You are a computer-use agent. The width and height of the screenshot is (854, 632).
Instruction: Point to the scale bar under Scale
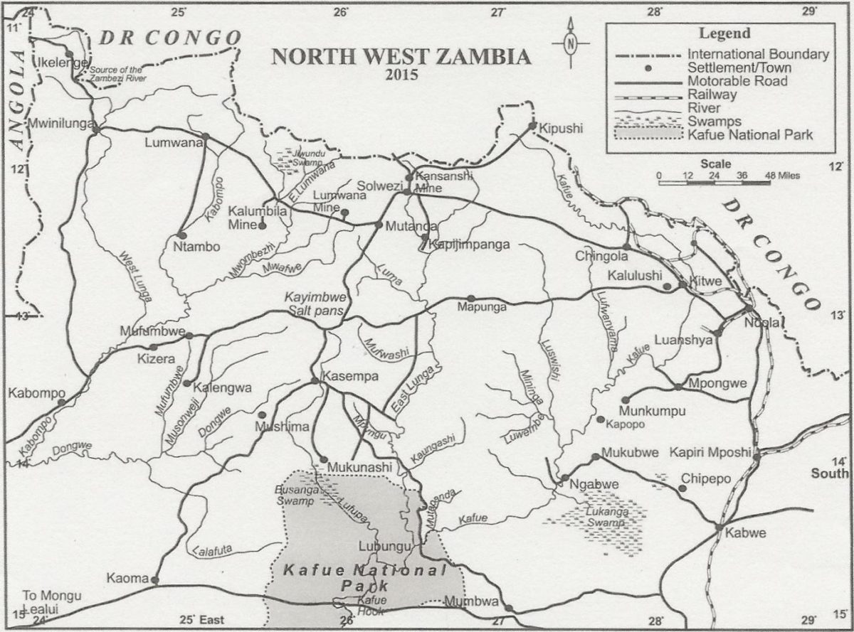(714, 183)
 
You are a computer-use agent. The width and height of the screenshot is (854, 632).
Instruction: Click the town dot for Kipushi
(532, 127)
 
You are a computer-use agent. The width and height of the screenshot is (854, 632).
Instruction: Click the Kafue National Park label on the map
(363, 578)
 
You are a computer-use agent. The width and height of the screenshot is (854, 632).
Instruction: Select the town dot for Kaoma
(154, 580)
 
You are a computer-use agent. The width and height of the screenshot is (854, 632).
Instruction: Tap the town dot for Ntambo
(182, 235)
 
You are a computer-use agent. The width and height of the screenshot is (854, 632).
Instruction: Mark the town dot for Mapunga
(471, 298)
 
